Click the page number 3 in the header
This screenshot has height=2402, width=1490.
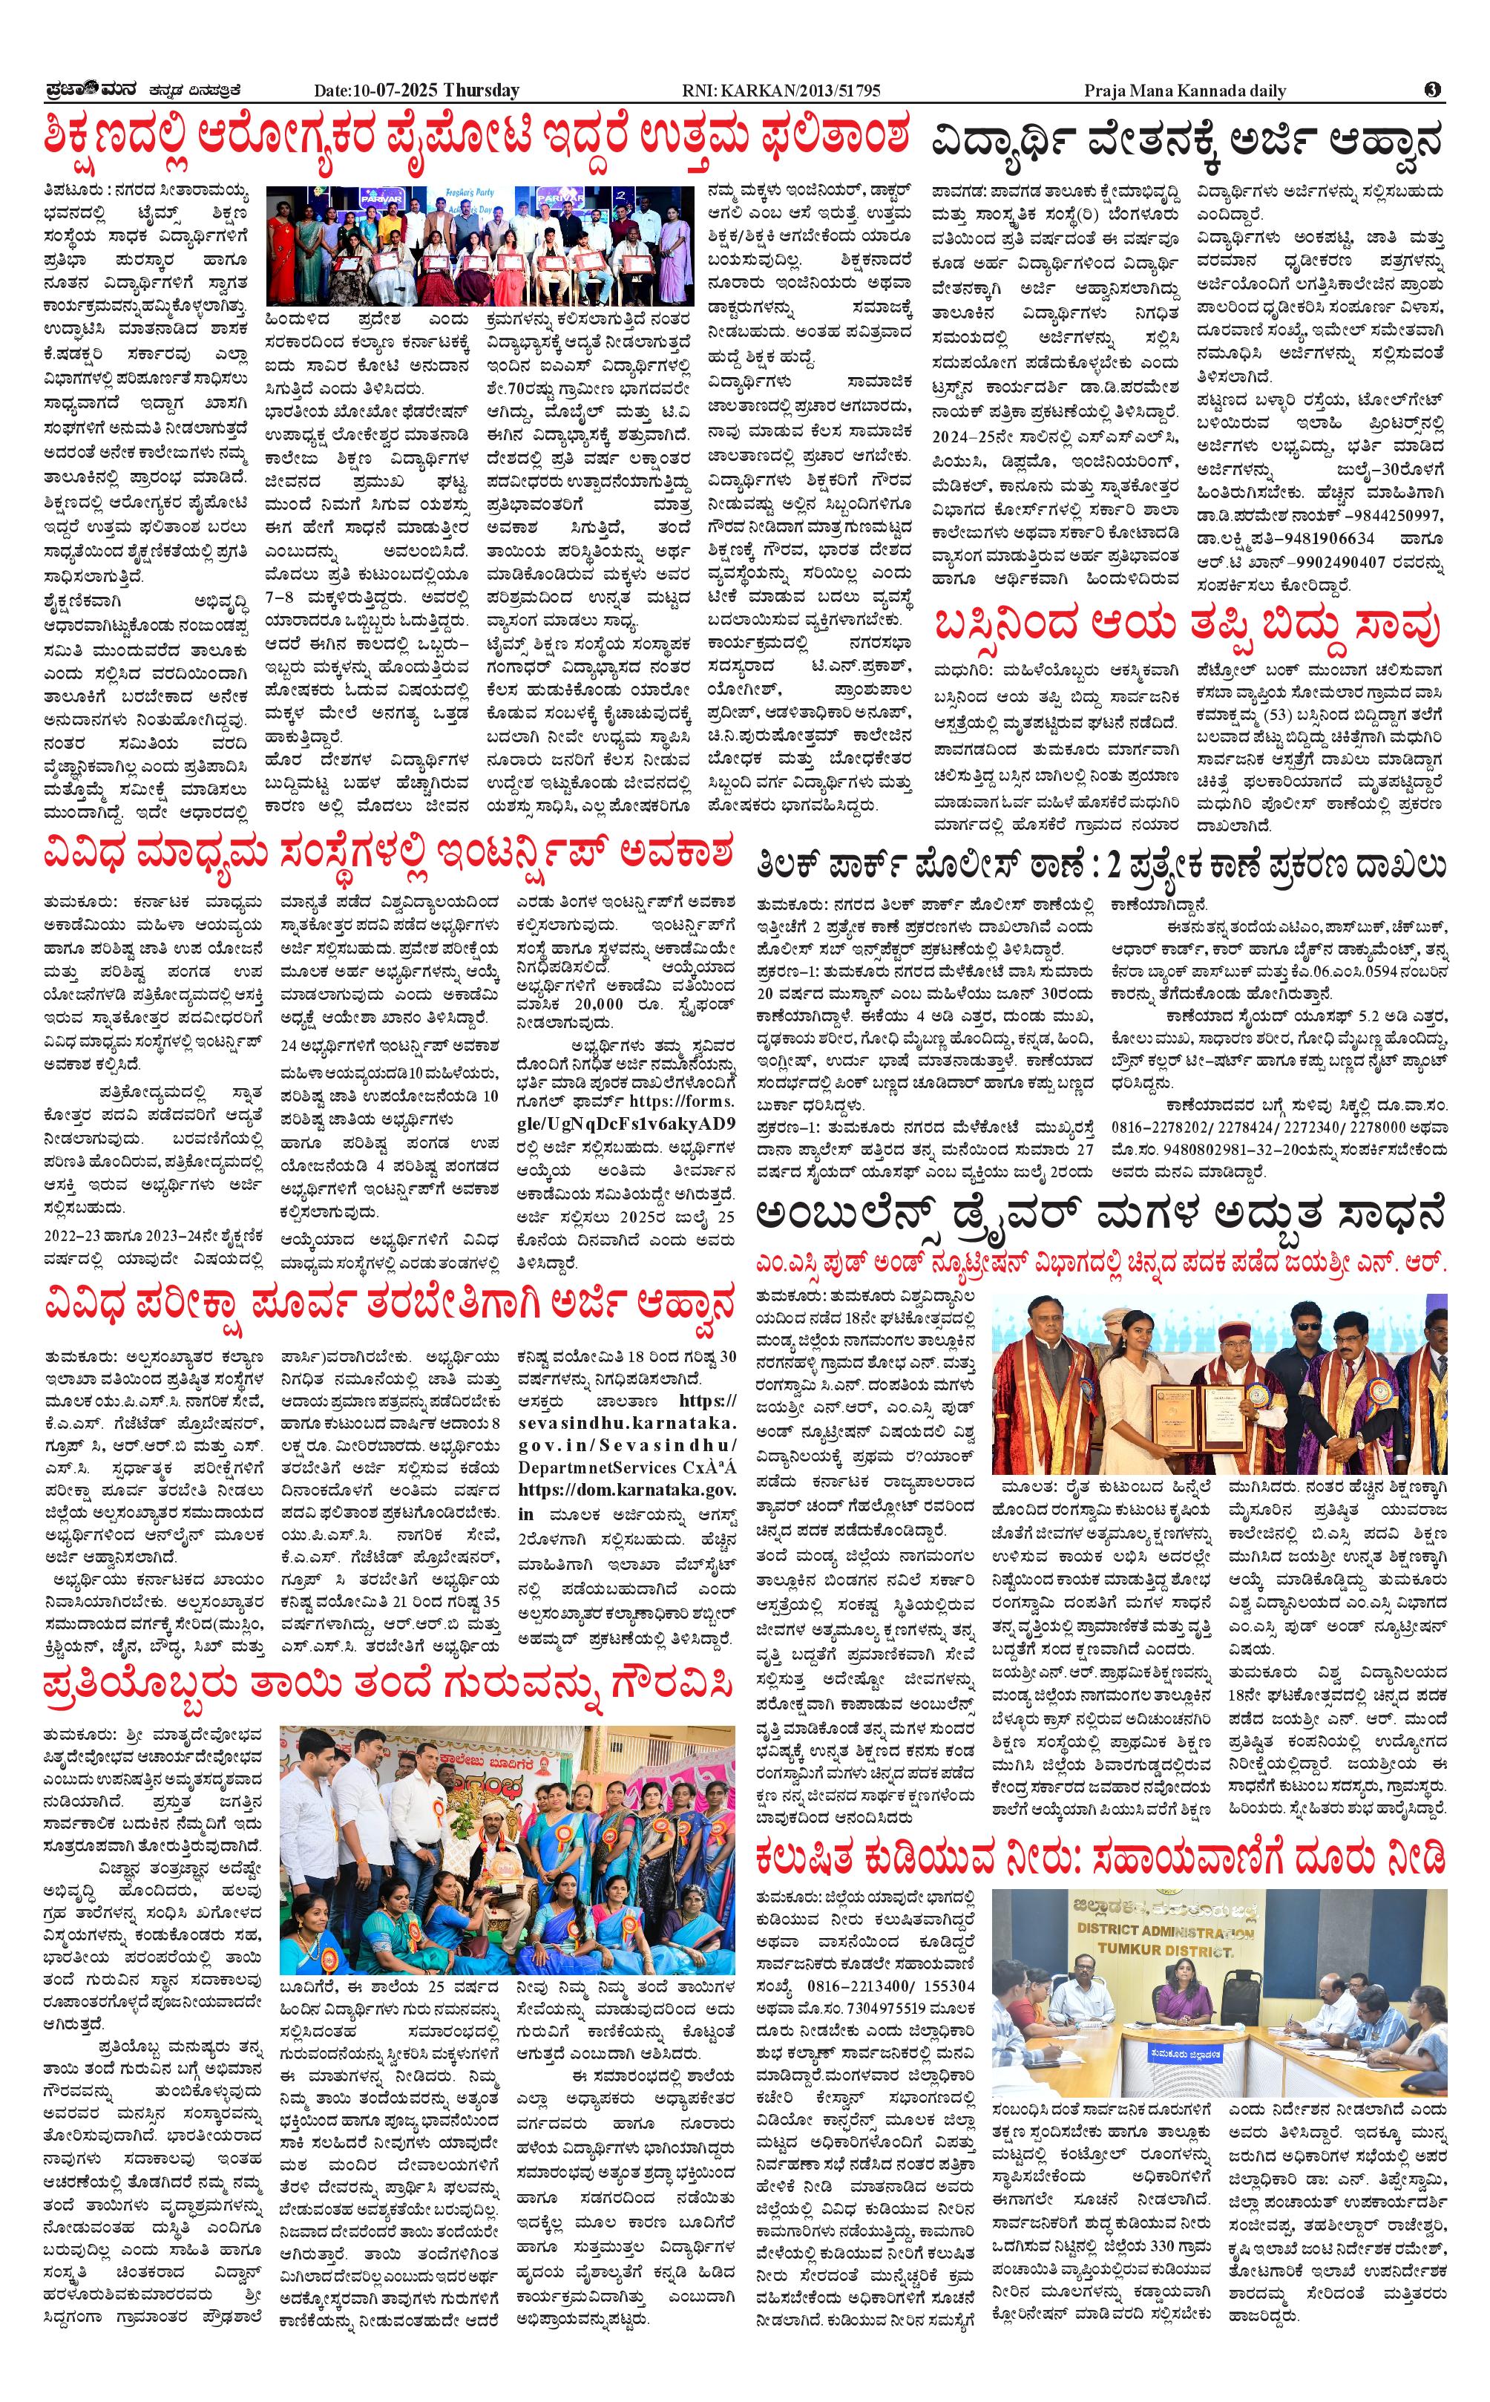1432,90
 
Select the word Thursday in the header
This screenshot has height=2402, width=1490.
481,91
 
